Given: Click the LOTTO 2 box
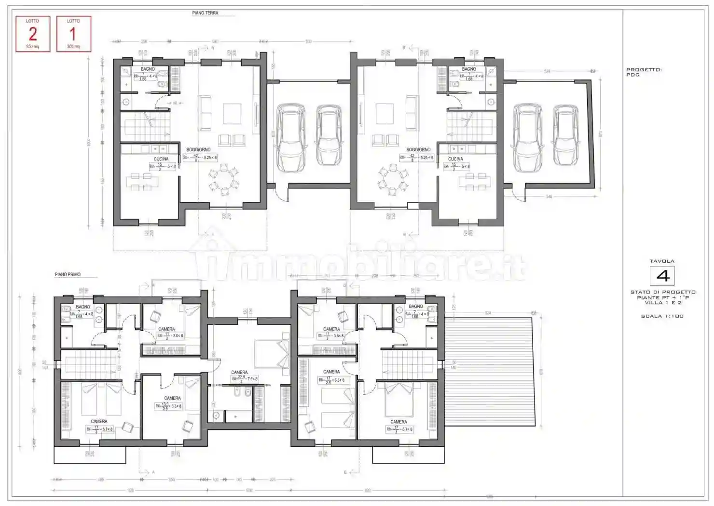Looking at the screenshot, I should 33,34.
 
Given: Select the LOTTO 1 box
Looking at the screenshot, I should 73,34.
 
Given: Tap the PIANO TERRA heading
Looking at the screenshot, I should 205,13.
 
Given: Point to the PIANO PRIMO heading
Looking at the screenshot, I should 68,274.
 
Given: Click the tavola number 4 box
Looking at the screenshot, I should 662,276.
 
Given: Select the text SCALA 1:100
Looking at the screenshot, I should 662,316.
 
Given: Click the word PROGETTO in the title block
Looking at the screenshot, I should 644,70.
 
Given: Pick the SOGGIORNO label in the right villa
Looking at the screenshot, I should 418,149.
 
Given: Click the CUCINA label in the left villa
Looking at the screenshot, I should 161,159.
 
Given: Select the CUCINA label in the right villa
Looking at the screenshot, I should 455,159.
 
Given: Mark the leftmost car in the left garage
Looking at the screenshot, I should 291,138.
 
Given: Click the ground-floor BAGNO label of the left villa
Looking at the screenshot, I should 148,69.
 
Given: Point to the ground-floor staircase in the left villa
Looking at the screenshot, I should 145,126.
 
